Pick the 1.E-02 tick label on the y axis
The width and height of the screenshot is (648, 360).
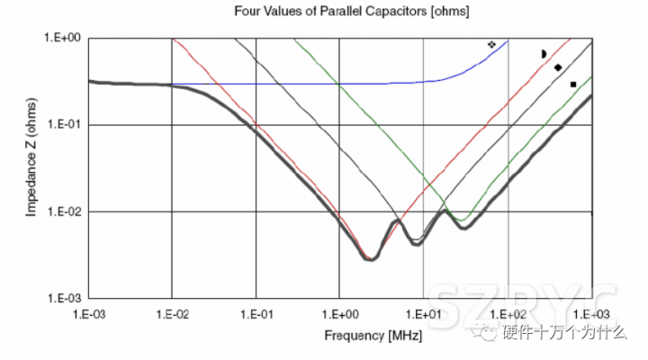[x=63, y=211]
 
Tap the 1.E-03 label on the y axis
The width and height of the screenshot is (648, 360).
[x=63, y=298]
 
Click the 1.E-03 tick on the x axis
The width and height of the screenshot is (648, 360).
[x=87, y=314]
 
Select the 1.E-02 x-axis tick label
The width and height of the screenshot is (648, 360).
[x=171, y=314]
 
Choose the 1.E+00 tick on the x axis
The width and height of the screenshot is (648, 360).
[x=339, y=314]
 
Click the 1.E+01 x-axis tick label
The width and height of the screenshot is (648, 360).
[x=423, y=314]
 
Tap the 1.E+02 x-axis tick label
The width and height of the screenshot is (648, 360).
[x=508, y=314]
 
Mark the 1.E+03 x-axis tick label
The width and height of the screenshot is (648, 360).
[x=590, y=314]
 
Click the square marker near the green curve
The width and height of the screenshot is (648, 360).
[x=573, y=85]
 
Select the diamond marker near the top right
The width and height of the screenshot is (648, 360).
[x=558, y=67]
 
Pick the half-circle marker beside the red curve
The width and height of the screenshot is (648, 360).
[x=544, y=54]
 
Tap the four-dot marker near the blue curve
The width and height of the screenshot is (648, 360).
[x=491, y=43]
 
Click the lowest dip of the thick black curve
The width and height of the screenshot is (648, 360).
[x=369, y=258]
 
